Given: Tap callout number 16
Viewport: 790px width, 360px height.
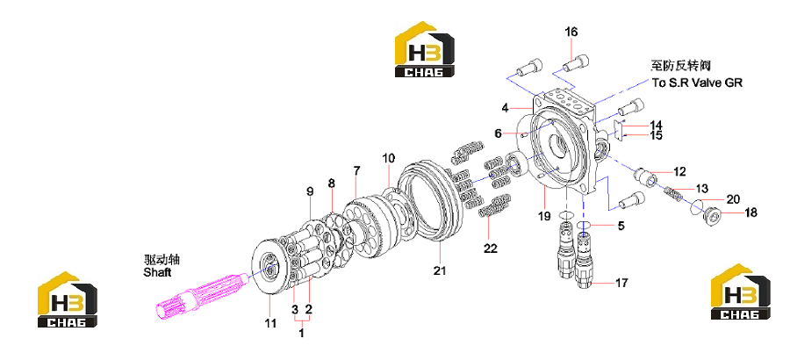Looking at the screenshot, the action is tap(571, 32).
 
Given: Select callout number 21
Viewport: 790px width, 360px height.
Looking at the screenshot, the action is tap(440, 270).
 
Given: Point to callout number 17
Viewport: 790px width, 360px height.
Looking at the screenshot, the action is tap(621, 283).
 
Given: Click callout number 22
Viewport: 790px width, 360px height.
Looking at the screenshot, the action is tap(490, 248).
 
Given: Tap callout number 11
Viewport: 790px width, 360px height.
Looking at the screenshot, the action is tap(271, 323).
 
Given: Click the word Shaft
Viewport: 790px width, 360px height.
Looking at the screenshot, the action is tap(157, 273).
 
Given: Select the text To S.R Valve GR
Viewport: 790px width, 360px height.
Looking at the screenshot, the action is tap(697, 83).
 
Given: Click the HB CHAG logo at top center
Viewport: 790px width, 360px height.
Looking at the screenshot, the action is tap(424, 49).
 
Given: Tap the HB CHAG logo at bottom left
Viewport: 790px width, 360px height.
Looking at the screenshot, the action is tap(68, 299).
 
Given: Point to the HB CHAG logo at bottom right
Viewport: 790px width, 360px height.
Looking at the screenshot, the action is tap(741, 292).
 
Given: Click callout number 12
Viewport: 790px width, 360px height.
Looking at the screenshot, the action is tap(679, 172).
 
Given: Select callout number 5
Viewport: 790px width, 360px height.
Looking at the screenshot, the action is tap(621, 226).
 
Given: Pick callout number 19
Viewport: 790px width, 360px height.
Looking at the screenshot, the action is tap(543, 217).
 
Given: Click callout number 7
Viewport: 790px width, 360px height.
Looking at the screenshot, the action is tap(356, 170).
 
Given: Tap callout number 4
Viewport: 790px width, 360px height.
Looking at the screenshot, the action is tap(506, 107).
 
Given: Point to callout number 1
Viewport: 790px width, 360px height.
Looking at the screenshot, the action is tap(301, 333).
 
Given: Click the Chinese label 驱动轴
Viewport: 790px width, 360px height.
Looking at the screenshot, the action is tap(162, 260).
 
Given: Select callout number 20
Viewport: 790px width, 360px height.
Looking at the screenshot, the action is tap(733, 199).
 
